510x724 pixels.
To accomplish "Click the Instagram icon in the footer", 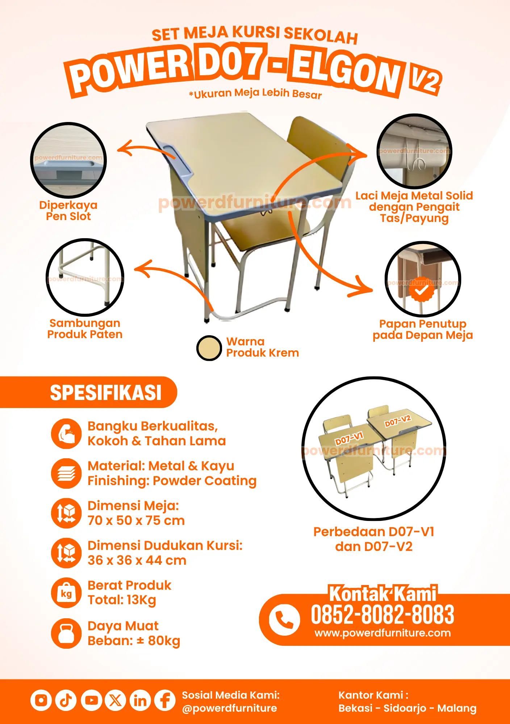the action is pyautogui.click(x=41, y=700).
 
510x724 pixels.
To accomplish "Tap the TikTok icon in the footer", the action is pyautogui.click(x=66, y=700).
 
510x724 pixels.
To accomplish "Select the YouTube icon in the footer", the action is pyautogui.click(x=91, y=700).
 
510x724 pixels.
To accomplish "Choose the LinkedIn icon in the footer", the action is pyautogui.click(x=140, y=700).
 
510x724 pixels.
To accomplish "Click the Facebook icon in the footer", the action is pyautogui.click(x=165, y=700).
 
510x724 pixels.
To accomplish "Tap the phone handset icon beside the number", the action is pyautogui.click(x=284, y=620).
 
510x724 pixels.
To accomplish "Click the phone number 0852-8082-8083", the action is pyautogui.click(x=382, y=615).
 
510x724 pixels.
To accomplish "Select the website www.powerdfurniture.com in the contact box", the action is pyautogui.click(x=383, y=633).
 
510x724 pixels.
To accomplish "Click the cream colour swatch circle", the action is pyautogui.click(x=209, y=348).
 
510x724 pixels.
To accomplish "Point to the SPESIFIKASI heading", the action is pyautogui.click(x=106, y=393).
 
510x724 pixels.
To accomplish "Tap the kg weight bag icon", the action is pyautogui.click(x=66, y=593).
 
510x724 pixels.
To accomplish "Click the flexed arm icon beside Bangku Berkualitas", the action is pyautogui.click(x=66, y=434).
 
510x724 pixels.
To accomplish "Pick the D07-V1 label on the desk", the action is pyautogui.click(x=349, y=438).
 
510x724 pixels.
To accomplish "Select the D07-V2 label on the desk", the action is pyautogui.click(x=397, y=421).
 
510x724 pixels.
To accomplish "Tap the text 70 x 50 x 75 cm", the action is pyautogui.click(x=136, y=521).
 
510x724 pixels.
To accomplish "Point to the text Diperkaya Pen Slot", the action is pyautogui.click(x=68, y=211).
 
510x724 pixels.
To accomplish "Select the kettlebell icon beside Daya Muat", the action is pyautogui.click(x=66, y=633).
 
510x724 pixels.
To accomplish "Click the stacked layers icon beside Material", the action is pyautogui.click(x=66, y=473).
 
